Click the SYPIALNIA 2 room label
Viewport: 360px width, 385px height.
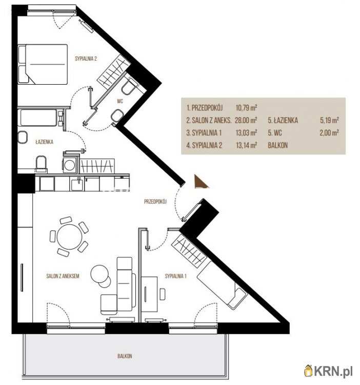[x=86, y=59]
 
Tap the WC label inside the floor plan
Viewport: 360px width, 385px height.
[x=120, y=101]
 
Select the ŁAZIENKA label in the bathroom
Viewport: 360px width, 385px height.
[x=44, y=142]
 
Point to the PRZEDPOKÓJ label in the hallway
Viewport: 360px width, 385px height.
[x=155, y=202]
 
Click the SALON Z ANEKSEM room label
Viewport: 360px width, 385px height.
[x=63, y=276]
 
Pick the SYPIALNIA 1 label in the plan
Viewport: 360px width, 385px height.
[x=175, y=276]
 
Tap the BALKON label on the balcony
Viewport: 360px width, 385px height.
[x=125, y=356]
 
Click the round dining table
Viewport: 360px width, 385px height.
[x=69, y=237]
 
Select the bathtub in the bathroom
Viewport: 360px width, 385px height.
[x=38, y=118]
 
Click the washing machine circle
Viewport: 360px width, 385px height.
[x=69, y=165]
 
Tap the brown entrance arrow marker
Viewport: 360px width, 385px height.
[x=201, y=181]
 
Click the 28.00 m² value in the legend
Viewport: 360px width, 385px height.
[x=246, y=120]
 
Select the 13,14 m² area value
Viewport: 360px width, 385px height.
[x=247, y=145]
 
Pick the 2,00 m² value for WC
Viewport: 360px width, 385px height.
[x=329, y=133]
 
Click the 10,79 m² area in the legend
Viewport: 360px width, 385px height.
[x=247, y=108]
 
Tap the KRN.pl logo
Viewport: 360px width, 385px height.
[x=329, y=371]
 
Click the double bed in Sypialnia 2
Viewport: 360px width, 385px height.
[x=43, y=64]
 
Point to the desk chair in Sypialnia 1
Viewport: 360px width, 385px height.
[x=163, y=294]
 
